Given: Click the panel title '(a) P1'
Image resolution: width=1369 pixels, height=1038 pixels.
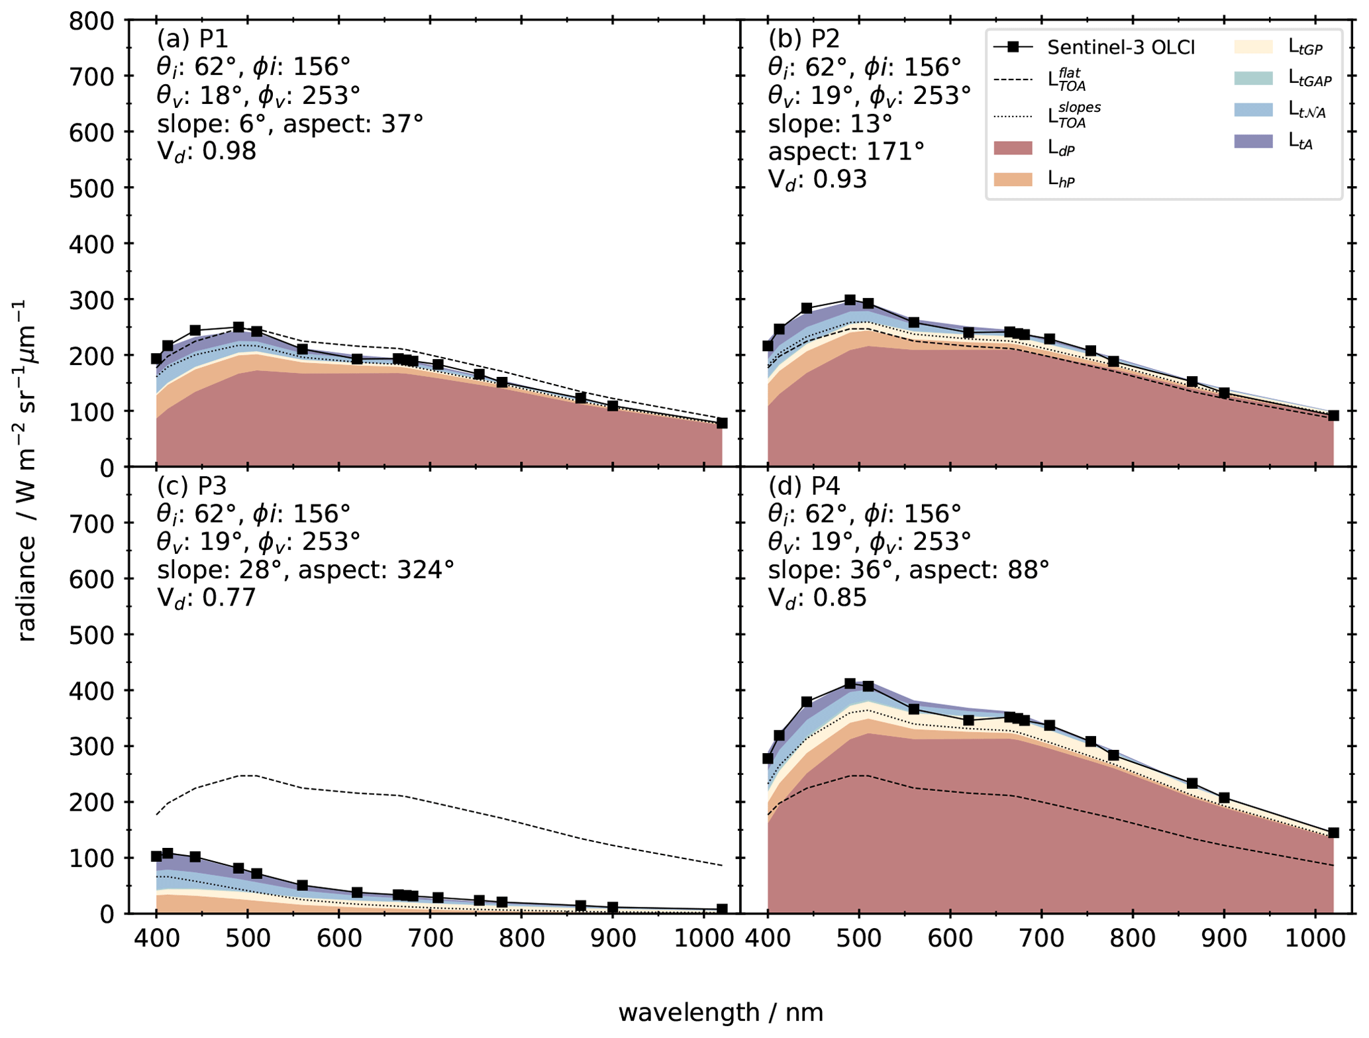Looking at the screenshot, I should (x=192, y=39).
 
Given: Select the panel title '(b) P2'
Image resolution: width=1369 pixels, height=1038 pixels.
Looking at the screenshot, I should (x=803, y=39).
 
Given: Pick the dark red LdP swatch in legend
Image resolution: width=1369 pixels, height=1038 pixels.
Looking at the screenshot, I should (x=1013, y=148).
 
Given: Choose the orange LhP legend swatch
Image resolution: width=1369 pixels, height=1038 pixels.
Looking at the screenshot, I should (x=1013, y=179).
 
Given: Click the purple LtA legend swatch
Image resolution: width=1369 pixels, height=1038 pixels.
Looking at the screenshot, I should (x=1253, y=140).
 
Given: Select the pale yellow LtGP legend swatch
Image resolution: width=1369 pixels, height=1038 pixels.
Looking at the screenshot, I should (x=1253, y=46).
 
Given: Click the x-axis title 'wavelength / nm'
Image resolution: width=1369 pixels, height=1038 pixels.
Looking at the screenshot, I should (x=721, y=1012).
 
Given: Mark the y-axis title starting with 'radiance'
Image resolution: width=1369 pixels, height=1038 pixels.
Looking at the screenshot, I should (x=26, y=470).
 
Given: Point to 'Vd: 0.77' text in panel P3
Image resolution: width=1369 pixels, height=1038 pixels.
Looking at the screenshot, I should (x=206, y=598).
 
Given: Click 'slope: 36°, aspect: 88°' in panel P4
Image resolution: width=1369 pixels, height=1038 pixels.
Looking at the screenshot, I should (x=908, y=570).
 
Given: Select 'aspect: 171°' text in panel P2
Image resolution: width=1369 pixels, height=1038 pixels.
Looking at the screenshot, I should (x=846, y=152).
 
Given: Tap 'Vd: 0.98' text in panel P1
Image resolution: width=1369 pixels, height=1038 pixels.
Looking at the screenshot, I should (x=206, y=152).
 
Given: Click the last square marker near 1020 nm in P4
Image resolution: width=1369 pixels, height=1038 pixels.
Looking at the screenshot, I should (x=1333, y=833).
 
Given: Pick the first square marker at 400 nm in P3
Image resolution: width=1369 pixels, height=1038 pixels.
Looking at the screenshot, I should (x=156, y=856).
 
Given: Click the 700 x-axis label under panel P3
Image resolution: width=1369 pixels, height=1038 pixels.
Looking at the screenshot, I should (x=430, y=939).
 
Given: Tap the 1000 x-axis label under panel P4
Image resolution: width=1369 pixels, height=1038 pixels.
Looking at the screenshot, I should (x=1315, y=939).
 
